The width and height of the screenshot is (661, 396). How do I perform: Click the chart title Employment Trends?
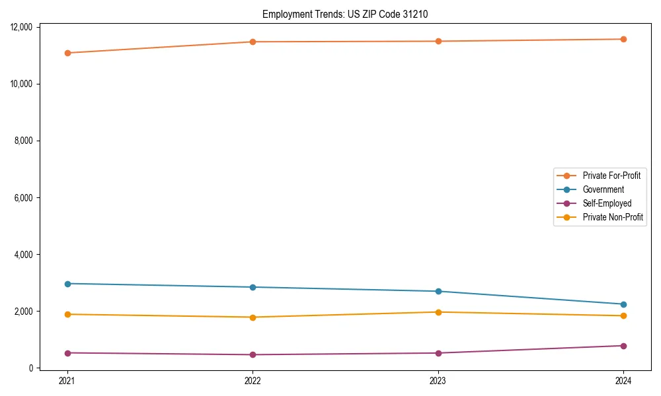[345, 14]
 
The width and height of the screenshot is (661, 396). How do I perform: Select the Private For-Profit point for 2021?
[67, 53]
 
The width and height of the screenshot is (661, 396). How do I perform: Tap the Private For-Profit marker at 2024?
[623, 39]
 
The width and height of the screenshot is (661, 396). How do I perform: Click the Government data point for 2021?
[67, 284]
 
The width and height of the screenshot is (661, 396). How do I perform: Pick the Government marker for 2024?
[623, 304]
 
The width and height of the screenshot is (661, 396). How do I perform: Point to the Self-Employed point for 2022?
[253, 354]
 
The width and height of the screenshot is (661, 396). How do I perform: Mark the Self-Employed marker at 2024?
[623, 346]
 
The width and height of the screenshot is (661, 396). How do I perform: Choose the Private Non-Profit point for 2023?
[438, 312]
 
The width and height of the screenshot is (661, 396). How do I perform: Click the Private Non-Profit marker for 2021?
[67, 314]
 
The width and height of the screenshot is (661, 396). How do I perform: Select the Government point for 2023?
[438, 291]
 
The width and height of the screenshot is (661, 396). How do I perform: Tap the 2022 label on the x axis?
[253, 380]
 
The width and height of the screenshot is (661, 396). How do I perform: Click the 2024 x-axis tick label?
[623, 380]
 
